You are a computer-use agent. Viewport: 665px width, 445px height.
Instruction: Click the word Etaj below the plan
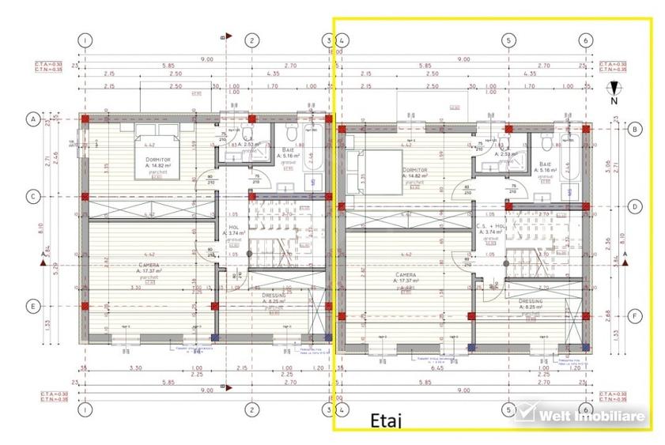(386, 420)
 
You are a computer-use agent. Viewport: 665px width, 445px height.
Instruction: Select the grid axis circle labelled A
(33, 119)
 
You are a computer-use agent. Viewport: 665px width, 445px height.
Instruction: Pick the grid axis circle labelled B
(634, 128)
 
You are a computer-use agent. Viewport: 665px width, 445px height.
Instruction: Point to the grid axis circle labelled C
(33, 196)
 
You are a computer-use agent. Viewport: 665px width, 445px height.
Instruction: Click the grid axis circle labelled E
(33, 307)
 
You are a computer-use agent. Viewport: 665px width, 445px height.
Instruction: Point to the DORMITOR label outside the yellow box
(159, 160)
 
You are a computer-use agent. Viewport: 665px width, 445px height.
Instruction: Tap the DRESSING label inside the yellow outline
(531, 301)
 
